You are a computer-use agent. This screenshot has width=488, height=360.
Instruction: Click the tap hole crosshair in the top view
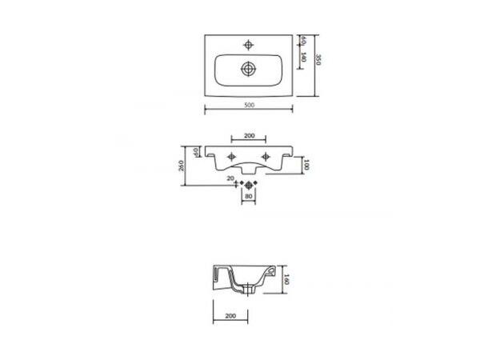[x=248, y=45]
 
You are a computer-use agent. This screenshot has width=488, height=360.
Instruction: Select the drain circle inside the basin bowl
[x=248, y=69]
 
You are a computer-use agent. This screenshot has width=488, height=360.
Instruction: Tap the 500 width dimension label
[x=249, y=105]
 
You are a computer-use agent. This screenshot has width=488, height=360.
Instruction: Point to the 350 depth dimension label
[x=318, y=60]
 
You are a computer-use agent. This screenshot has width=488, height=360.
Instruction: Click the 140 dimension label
[x=304, y=58]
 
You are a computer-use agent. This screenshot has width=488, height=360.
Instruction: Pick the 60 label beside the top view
[x=303, y=40]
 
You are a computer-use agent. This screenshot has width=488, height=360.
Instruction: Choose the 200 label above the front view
[x=250, y=136]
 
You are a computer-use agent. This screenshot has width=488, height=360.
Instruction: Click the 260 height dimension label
[x=182, y=166]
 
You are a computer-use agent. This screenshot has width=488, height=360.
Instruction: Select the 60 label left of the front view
[x=196, y=152]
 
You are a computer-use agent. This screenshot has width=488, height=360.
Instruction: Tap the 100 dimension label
[x=306, y=165]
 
